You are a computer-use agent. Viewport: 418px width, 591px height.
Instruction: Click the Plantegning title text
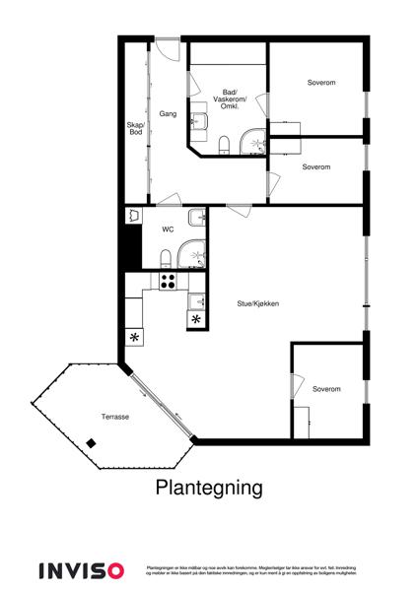[x=208, y=487]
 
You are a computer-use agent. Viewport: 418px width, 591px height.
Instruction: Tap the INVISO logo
[x=81, y=570]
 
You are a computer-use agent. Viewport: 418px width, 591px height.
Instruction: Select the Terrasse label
[x=114, y=417]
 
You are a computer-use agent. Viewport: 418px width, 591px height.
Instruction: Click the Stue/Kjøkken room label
[x=256, y=304]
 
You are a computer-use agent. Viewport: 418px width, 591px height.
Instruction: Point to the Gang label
[x=168, y=115]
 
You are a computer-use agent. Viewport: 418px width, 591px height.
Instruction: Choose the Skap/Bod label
[x=135, y=128]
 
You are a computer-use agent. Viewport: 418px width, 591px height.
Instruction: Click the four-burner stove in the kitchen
[x=167, y=281]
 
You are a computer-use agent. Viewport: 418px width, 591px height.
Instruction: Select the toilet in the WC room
[x=165, y=258]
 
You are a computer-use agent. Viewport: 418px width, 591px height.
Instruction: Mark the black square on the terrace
[x=91, y=444]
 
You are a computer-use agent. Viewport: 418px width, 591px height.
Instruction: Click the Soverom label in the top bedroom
[x=320, y=82]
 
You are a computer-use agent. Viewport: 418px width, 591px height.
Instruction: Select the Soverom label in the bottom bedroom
[x=326, y=389]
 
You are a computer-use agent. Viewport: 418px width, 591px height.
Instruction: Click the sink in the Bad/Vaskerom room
[x=199, y=122]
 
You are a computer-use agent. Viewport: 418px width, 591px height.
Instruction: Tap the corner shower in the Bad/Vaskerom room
[x=255, y=143]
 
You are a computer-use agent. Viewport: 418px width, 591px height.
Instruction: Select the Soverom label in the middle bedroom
[x=316, y=166]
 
